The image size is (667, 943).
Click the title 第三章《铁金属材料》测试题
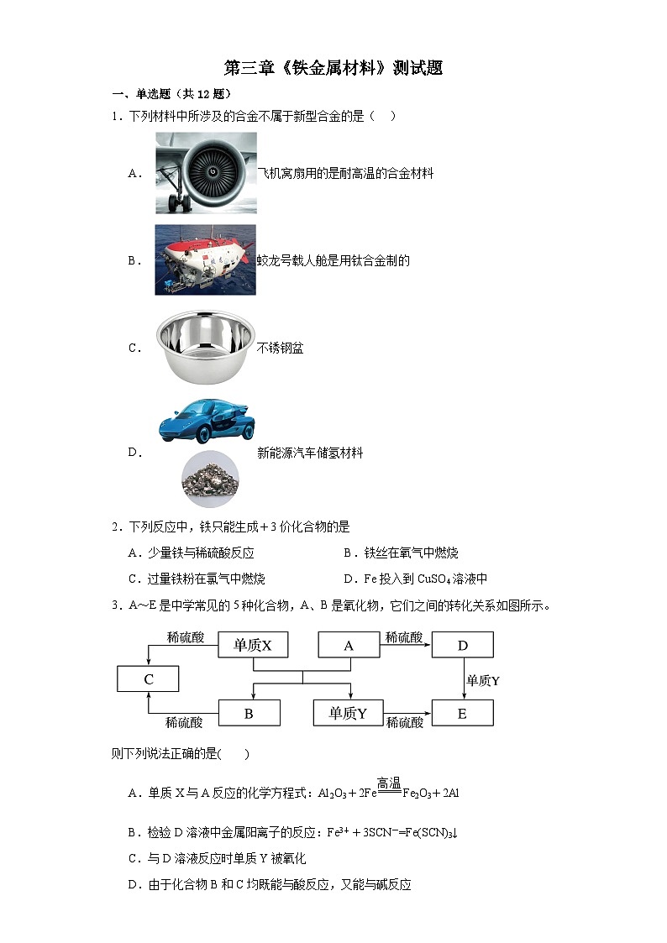click(x=333, y=68)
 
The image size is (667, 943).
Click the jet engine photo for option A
click(x=206, y=173)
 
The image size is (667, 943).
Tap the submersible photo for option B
click(x=205, y=259)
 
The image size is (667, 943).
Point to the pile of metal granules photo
click(x=210, y=479)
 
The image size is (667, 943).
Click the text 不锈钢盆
click(x=280, y=348)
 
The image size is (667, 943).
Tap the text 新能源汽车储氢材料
click(x=310, y=453)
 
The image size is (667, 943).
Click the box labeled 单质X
click(x=253, y=645)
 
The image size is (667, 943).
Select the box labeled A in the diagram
click(x=349, y=645)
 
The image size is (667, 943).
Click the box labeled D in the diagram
click(x=462, y=645)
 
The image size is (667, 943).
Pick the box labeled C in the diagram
click(x=148, y=679)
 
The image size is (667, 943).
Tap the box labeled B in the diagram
click(x=249, y=714)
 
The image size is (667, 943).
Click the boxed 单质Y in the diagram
click(x=348, y=714)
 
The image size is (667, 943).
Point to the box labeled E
click(x=462, y=714)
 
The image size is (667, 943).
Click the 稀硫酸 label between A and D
click(x=404, y=637)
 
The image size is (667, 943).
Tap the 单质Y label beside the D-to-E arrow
click(x=483, y=680)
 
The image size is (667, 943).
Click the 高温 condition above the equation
click(x=389, y=783)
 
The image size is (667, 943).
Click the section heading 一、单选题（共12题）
click(x=171, y=94)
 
